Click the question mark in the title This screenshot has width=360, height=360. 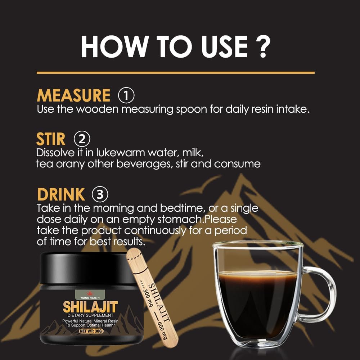[x=263, y=47]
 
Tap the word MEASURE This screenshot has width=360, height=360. [x=73, y=95]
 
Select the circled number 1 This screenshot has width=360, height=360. [x=126, y=95]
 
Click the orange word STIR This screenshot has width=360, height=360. [x=51, y=139]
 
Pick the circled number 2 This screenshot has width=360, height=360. [x=82, y=139]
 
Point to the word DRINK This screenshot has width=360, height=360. [x=61, y=194]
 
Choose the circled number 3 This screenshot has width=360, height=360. [x=100, y=194]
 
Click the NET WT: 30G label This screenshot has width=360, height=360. [x=91, y=331]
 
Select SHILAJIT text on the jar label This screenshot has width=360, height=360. [x=90, y=307]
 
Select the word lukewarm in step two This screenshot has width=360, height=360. [x=121, y=153]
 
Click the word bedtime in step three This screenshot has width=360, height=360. [x=182, y=208]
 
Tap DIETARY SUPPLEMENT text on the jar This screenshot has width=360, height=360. [x=90, y=315]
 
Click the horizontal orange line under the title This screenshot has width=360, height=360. [x=176, y=73]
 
